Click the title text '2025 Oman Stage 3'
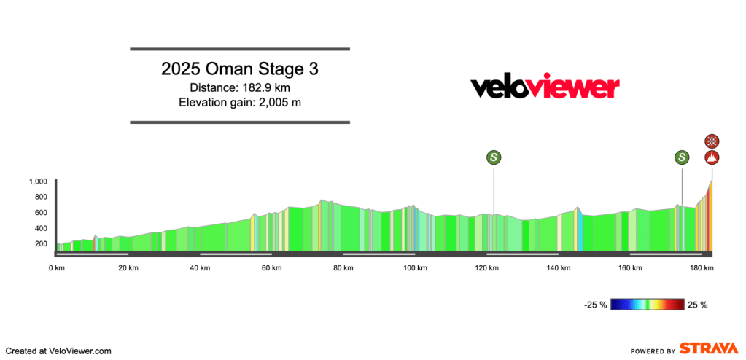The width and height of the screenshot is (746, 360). [240, 70]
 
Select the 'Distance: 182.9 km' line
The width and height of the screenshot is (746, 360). [240, 88]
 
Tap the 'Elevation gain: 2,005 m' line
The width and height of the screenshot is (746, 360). [240, 103]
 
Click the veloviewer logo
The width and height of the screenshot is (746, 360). [545, 87]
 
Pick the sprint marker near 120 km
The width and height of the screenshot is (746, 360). [494, 157]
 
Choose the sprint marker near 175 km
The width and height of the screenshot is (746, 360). [682, 157]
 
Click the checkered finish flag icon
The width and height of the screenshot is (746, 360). [712, 141]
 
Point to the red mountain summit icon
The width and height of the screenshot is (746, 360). [712, 157]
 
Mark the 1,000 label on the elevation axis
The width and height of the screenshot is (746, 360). [38, 181]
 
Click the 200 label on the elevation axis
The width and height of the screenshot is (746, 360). [41, 243]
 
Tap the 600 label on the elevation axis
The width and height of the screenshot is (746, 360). [41, 213]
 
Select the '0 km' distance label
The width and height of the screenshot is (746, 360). [57, 268]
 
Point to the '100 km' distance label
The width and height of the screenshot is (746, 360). [415, 268]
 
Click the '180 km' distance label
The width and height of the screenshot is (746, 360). [702, 268]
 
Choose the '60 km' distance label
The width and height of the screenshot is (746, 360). [272, 268]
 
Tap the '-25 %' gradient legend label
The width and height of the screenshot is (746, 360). [595, 305]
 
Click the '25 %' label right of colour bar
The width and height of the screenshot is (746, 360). [697, 305]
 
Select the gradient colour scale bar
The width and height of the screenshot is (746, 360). [648, 305]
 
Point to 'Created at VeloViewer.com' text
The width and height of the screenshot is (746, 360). [59, 351]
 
